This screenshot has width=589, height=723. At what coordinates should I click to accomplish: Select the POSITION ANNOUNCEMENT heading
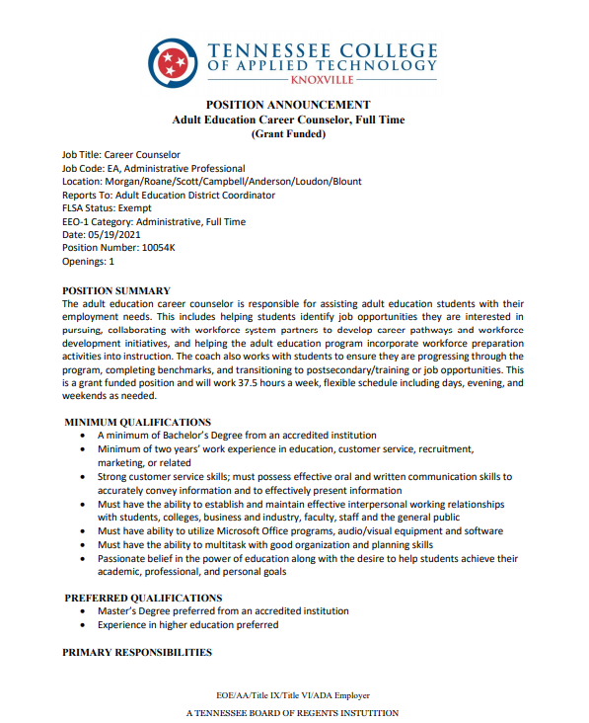coord(288,105)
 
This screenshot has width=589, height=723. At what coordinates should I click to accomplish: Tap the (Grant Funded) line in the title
coord(288,133)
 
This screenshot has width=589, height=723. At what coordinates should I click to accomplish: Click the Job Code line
coord(153,168)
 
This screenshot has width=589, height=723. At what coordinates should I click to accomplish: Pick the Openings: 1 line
coord(88,262)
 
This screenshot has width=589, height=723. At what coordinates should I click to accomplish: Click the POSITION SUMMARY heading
coord(116,290)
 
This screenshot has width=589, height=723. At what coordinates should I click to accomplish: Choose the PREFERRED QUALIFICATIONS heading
coord(143,598)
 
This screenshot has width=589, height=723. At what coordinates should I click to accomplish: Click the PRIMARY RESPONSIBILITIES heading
coord(137,653)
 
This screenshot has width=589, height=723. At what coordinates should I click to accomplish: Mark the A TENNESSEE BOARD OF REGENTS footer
coord(292,712)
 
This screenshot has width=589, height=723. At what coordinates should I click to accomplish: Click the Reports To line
coord(168,195)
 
